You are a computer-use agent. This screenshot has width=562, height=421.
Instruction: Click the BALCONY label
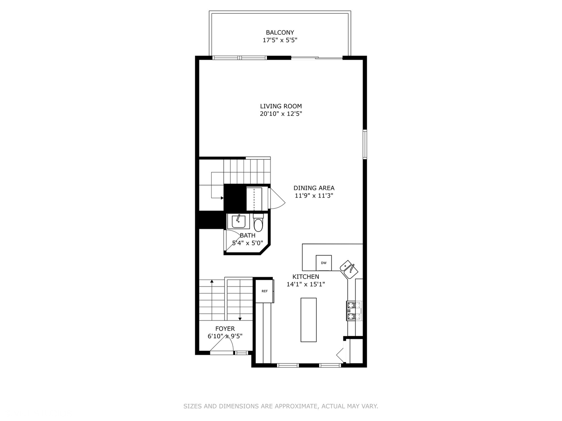pos(280,32)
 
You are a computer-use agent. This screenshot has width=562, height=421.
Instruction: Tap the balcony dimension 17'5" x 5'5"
pos(280,40)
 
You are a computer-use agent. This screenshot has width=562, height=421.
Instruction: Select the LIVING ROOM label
pos(281,106)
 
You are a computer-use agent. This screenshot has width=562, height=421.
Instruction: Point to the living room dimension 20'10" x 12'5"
pos(281,114)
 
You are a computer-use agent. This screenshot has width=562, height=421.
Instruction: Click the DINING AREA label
pos(314,188)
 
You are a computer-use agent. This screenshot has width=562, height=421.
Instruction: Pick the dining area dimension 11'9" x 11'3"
pos(314,196)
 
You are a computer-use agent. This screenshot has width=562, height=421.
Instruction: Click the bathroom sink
pos(238,221)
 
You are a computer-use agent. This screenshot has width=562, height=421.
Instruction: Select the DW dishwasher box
pos(324,263)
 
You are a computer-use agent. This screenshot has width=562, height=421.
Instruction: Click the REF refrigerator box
pos(265,291)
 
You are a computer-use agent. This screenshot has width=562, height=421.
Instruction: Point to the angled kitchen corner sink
pos(349,269)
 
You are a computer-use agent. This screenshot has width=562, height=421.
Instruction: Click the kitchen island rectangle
pos(308,320)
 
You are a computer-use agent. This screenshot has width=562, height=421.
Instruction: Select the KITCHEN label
pos(306,277)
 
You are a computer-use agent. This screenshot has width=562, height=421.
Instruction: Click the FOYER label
pos(225,329)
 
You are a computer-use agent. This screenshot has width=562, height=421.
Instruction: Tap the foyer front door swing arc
pos(226,343)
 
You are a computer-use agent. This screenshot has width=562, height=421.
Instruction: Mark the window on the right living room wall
pos(365,144)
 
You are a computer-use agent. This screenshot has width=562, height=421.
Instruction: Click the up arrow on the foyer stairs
pos(212,281)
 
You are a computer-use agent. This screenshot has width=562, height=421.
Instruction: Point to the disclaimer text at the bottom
pos(281,406)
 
